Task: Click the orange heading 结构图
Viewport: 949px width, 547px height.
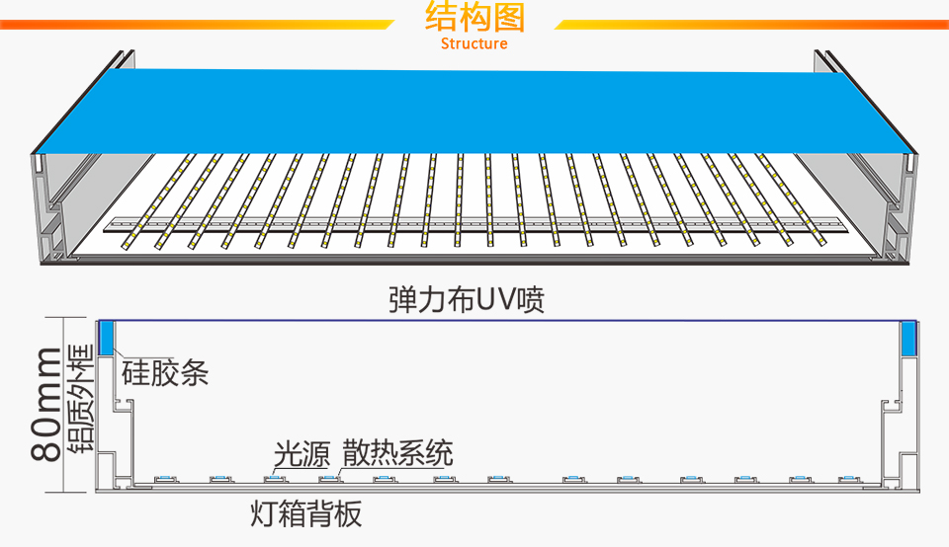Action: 474,18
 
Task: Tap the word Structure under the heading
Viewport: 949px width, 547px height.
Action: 474,43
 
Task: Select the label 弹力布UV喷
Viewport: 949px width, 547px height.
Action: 467,299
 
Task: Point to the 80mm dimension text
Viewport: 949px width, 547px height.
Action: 44,404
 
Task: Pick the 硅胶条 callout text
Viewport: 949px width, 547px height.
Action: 165,372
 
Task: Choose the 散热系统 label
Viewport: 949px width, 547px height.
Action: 397,453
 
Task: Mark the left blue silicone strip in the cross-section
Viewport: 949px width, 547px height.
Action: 107,339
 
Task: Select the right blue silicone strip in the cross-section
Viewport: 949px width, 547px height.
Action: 909,339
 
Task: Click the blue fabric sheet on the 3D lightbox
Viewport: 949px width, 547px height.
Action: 474,109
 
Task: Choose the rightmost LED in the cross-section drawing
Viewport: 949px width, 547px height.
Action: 847,480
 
